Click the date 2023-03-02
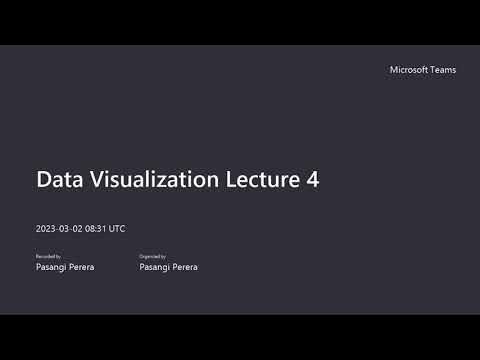pyautogui.click(x=59, y=229)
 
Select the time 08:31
pyautogui.click(x=96, y=229)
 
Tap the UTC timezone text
pyautogui.click(x=117, y=229)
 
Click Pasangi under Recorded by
pyautogui.click(x=50, y=267)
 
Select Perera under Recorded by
pyautogui.click(x=81, y=267)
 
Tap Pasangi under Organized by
pyautogui.click(x=155, y=267)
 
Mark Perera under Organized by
pyautogui.click(x=185, y=267)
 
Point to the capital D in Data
pyautogui.click(x=43, y=180)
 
